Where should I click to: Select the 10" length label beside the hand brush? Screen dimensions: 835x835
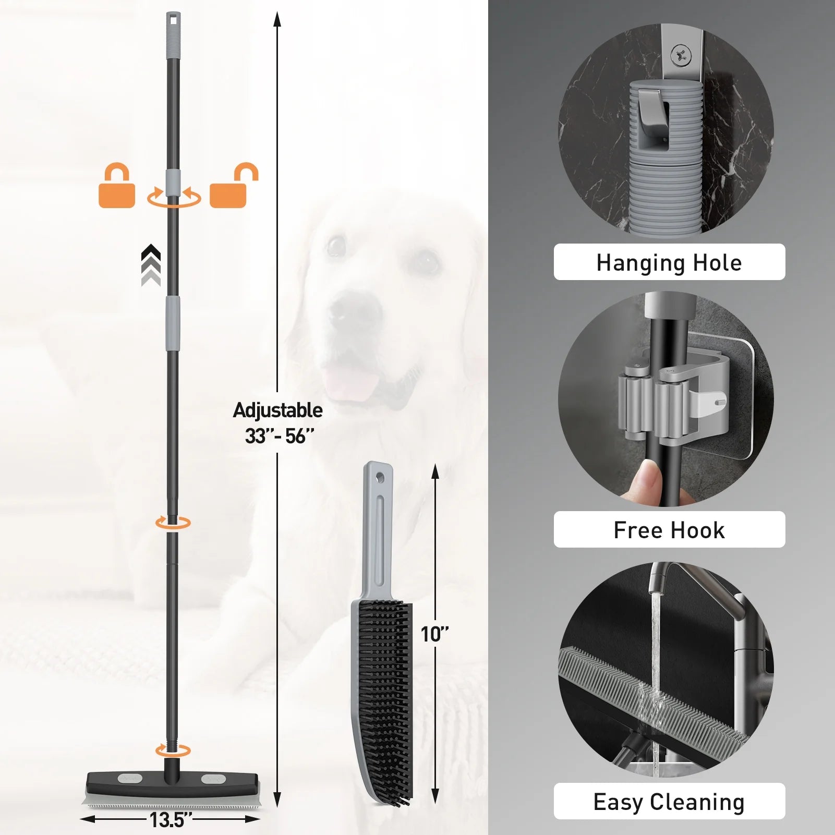(x=435, y=634)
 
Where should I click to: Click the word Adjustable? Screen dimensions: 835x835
(x=277, y=410)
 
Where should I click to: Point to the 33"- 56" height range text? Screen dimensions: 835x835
(x=280, y=436)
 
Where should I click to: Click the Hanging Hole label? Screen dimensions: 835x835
(x=669, y=262)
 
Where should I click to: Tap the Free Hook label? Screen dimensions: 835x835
(x=669, y=530)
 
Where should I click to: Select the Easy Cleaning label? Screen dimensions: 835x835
(x=669, y=802)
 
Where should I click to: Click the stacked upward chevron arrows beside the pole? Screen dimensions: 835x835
(x=151, y=265)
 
